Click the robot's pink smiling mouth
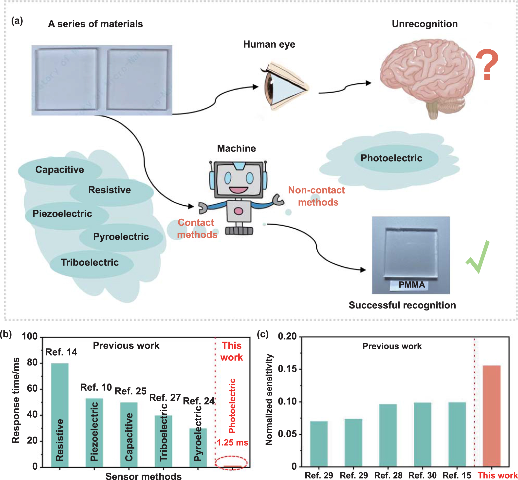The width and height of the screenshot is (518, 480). (238, 190)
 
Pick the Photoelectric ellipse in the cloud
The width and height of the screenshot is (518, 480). (391, 158)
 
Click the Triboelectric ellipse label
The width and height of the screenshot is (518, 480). (90, 262)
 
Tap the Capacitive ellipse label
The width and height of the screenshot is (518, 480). (60, 170)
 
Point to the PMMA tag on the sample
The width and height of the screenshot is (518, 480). (412, 285)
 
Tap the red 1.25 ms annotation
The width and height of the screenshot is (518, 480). (232, 442)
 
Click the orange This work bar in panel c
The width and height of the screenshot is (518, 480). (492, 416)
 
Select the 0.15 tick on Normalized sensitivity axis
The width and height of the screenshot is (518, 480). (287, 369)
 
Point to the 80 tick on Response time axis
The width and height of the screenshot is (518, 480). (32, 363)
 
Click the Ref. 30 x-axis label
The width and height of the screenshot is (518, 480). (423, 475)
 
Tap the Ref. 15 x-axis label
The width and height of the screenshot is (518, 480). (457, 475)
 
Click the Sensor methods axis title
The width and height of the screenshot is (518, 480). (143, 476)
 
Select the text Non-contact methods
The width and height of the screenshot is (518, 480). (316, 196)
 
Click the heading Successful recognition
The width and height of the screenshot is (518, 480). (402, 305)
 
